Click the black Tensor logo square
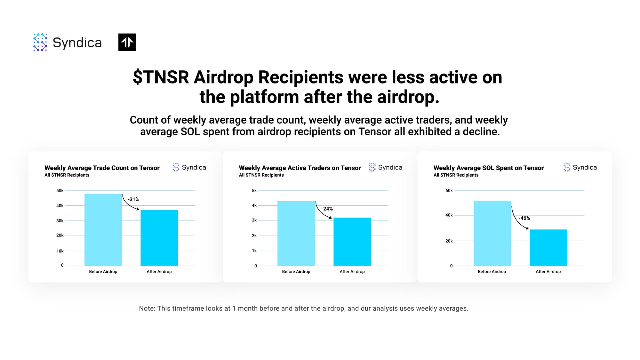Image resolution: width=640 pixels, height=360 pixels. click(127, 42)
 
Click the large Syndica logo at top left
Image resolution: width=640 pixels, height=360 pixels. click(68, 42)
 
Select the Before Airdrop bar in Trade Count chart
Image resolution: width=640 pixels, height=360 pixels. click(103, 230)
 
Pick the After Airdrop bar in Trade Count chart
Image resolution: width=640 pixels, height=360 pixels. click(159, 238)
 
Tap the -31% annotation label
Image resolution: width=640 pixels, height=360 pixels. click(133, 199)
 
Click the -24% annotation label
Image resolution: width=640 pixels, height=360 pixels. click(327, 209)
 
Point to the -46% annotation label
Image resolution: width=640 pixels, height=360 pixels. click(524, 218)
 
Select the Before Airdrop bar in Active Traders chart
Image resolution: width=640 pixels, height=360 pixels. click(296, 233)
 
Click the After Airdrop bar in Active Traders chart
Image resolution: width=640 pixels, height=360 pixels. click(352, 242)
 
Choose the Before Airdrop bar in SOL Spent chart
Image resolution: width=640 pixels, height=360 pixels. click(492, 233)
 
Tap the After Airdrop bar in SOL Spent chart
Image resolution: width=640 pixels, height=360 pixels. click(548, 248)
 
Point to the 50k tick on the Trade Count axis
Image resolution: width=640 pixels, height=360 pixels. click(60, 191)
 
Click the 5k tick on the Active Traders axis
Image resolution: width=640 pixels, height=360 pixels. click(254, 191)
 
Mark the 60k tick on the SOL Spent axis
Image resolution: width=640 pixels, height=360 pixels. click(449, 191)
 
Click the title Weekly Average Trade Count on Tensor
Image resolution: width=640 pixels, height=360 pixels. click(102, 168)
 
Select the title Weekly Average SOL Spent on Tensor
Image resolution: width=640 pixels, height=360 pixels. click(489, 168)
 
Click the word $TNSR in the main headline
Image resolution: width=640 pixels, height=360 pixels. click(161, 77)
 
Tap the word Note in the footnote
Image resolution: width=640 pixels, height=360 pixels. click(147, 308)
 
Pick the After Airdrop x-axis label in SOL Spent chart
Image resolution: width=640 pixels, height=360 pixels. click(548, 272)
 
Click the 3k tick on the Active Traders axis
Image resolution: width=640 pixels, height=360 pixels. click(254, 220)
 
